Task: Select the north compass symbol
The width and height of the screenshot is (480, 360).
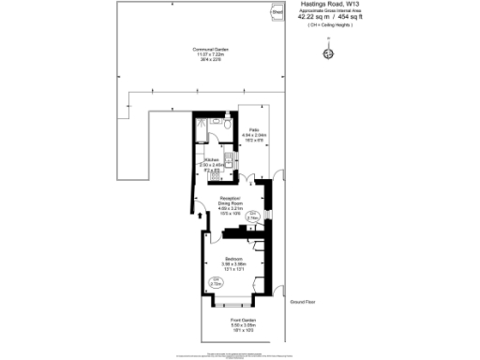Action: tap(327, 53)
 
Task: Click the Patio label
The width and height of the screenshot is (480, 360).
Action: tap(253, 130)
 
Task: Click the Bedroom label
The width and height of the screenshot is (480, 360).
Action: tap(233, 258)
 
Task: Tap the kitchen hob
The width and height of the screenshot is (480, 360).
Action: tap(216, 175)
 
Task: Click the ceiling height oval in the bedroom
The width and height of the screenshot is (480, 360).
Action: tap(216, 282)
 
